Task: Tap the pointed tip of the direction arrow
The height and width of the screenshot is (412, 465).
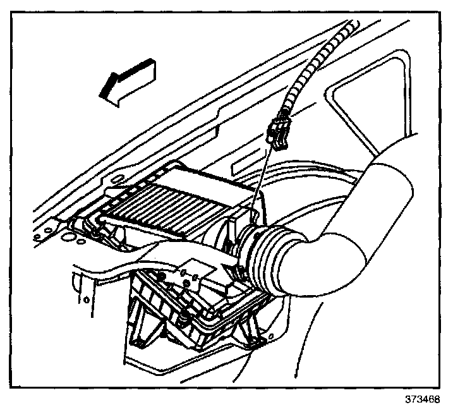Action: (x=101, y=95)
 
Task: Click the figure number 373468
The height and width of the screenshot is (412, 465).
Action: (x=423, y=401)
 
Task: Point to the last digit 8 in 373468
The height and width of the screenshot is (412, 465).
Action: (x=437, y=401)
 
